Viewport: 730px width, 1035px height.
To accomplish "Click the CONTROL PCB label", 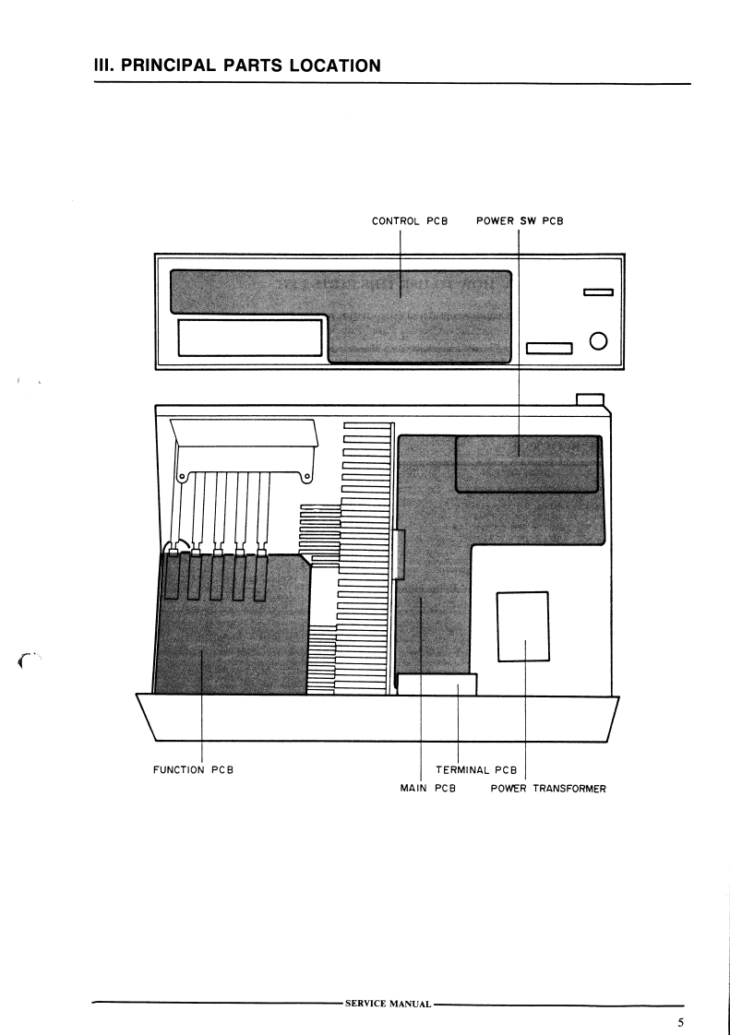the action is pyautogui.click(x=409, y=221).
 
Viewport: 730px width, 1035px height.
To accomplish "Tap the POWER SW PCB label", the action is pyautogui.click(x=520, y=221).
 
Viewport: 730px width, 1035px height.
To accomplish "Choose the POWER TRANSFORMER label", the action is pyautogui.click(x=548, y=789).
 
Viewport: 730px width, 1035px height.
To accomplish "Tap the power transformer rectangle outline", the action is pyautogui.click(x=523, y=625).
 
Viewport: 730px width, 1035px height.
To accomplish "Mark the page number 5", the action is pyautogui.click(x=680, y=1022).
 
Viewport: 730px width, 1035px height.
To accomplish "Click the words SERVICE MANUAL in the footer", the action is pyautogui.click(x=387, y=1003).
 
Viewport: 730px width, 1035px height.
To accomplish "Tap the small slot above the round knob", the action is pyautogui.click(x=598, y=294).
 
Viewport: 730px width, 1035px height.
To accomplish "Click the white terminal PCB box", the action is pyautogui.click(x=437, y=684).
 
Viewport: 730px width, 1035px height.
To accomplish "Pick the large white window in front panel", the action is pyautogui.click(x=249, y=339).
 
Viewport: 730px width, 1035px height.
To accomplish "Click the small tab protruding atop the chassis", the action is pyautogui.click(x=590, y=399).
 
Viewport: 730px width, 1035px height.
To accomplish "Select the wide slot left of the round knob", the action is pyautogui.click(x=550, y=348).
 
